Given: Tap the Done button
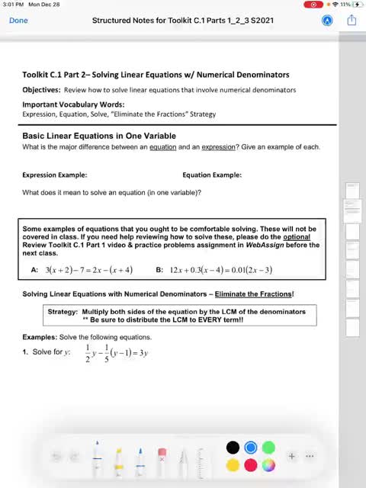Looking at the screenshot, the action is [x=19, y=21].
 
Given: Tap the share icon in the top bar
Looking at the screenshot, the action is [x=352, y=21].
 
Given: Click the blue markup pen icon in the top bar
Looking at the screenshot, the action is [x=327, y=21].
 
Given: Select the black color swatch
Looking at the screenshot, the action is [x=233, y=448].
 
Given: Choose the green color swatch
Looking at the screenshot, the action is [x=268, y=448].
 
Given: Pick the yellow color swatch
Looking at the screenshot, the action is [x=233, y=464].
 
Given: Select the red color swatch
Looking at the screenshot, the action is [x=250, y=464].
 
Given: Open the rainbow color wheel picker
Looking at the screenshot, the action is [x=268, y=464].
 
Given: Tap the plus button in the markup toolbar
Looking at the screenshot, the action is [x=291, y=456].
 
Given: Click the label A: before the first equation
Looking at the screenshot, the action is [x=34, y=270].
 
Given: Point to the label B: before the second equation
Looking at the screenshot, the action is [x=159, y=270].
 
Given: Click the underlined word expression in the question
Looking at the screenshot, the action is [x=223, y=147].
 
